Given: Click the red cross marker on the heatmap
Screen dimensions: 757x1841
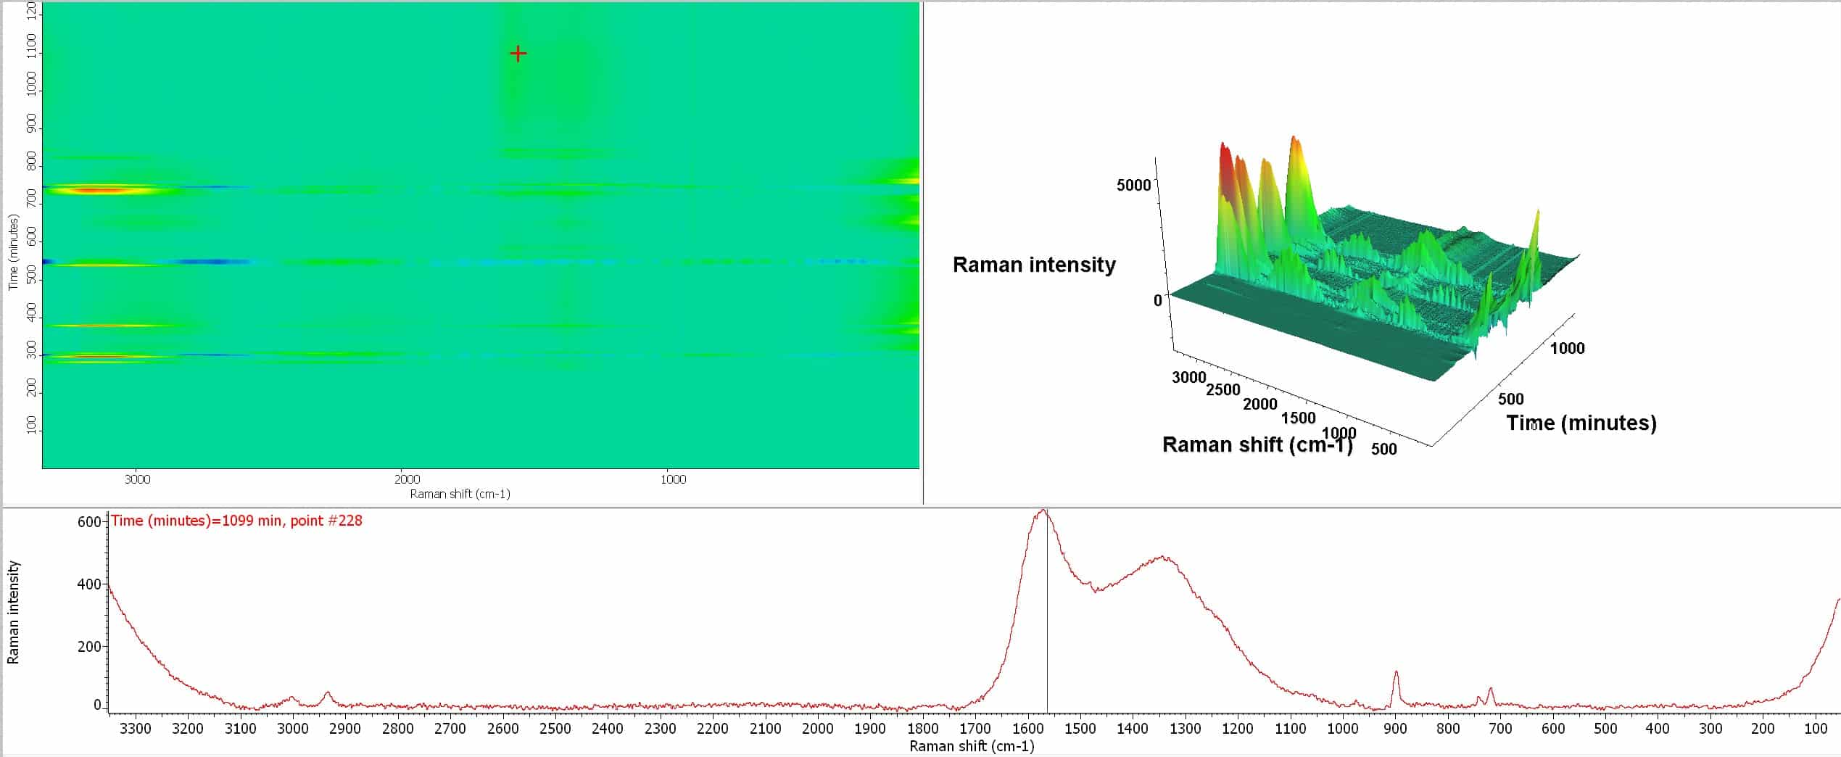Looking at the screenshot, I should coord(518,54).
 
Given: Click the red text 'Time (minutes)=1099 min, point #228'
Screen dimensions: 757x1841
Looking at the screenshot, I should coord(236,521).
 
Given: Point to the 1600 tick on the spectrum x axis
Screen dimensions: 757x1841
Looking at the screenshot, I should coord(1027,728).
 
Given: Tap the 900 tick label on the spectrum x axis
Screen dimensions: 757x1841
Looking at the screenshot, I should coord(1395,728).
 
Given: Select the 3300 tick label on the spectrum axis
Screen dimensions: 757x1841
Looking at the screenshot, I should coord(135,728).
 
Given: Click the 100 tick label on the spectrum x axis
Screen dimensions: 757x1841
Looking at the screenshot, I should coord(1815,728).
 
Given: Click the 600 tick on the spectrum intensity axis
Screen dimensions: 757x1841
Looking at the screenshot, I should coord(88,522).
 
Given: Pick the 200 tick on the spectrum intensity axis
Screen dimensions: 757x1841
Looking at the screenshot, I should coord(88,646).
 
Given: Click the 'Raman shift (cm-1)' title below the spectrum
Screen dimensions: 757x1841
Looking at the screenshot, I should coord(972,746).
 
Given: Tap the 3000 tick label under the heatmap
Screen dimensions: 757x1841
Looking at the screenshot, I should coord(137,479).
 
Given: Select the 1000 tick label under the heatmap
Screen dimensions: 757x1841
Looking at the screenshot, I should coord(673,479).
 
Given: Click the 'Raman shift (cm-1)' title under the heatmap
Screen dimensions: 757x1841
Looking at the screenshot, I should coord(460,494).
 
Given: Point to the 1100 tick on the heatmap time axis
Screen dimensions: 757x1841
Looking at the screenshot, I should coord(31,53).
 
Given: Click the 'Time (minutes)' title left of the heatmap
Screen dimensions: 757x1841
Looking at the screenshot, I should coord(13,252).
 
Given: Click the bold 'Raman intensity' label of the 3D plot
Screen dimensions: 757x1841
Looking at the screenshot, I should coord(1034,265).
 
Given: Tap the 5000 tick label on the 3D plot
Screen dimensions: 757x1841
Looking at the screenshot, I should coord(1133,185).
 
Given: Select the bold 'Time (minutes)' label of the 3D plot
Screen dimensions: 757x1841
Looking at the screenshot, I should coord(1581,423).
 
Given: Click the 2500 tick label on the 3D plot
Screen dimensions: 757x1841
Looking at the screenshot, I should coord(1223,389).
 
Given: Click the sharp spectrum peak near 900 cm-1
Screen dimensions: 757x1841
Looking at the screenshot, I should coord(1396,672).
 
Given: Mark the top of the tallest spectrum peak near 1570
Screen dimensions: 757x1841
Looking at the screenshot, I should coord(1043,510).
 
